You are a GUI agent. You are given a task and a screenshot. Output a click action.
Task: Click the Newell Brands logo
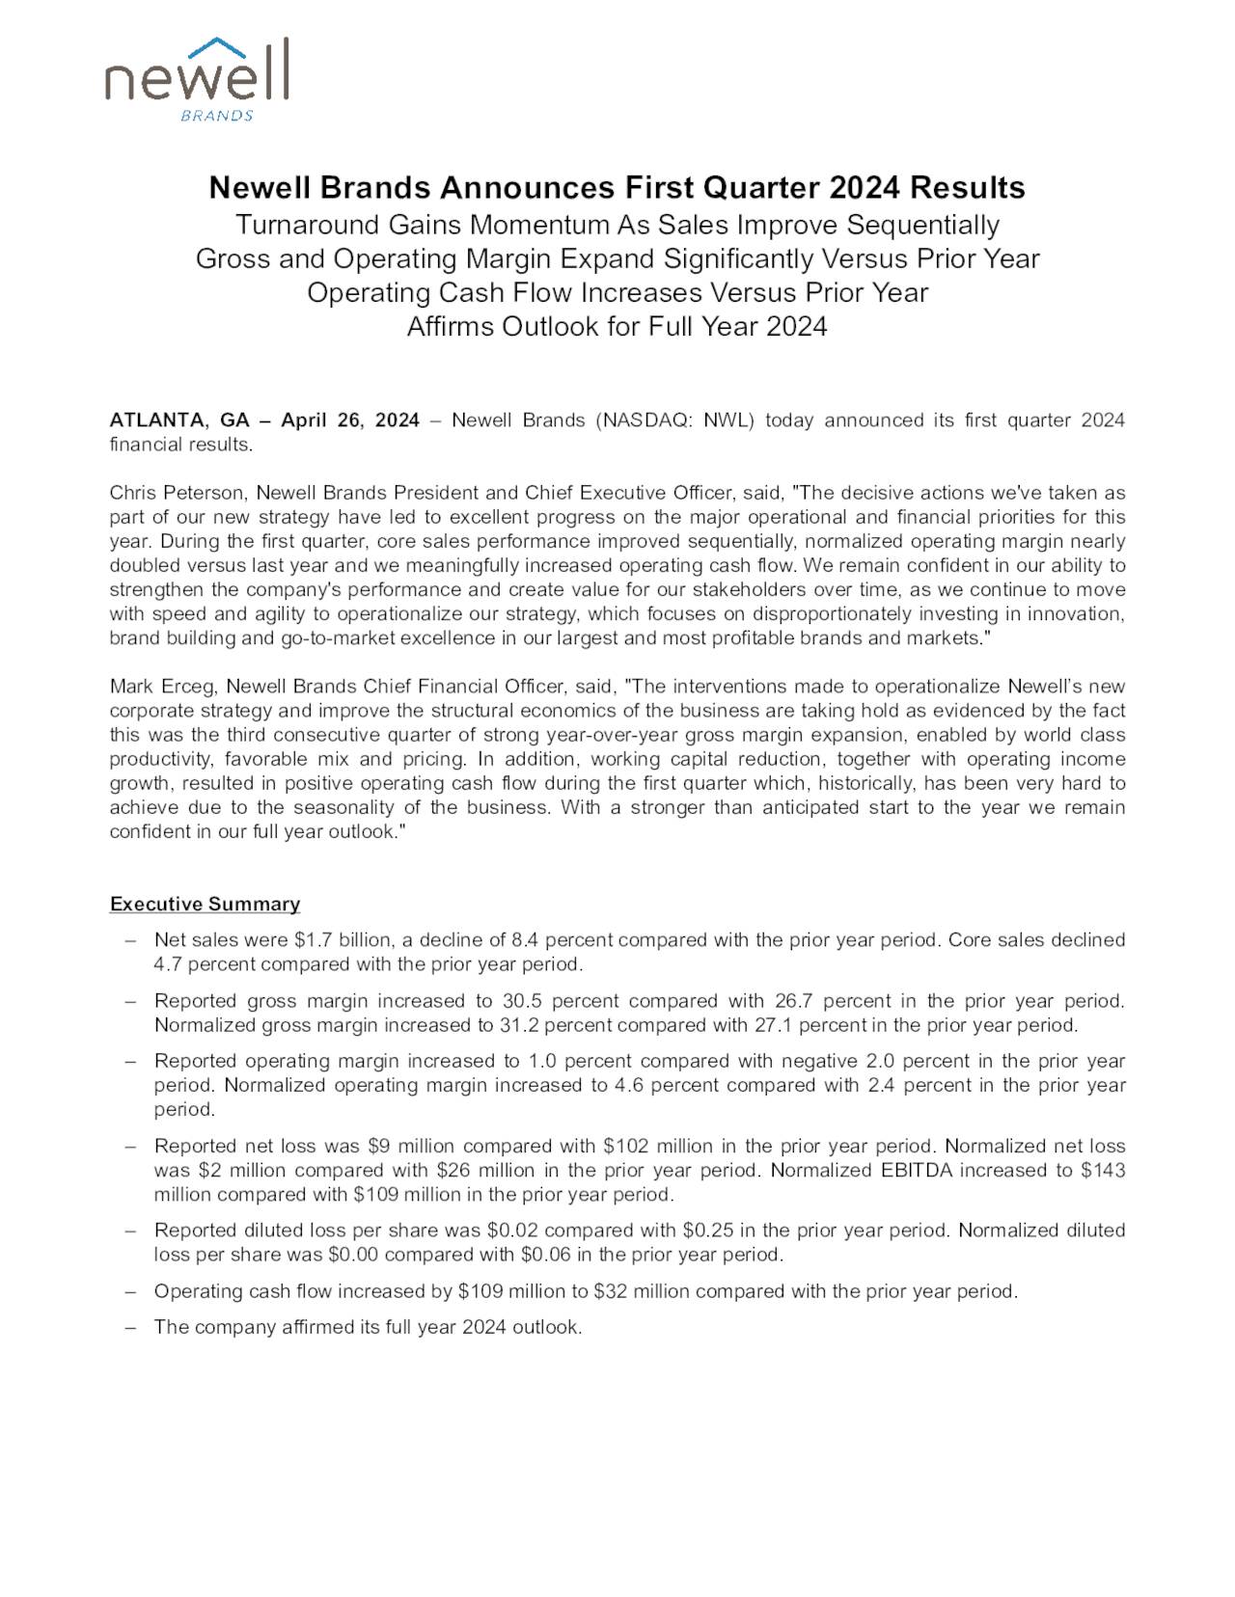tap(197, 77)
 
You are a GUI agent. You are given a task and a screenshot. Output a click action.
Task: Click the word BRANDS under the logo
tap(217, 116)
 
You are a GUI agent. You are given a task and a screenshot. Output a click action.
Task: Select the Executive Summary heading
tap(205, 904)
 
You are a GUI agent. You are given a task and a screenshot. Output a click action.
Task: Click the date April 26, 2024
tap(350, 420)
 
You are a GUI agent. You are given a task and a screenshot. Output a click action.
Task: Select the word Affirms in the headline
tap(452, 326)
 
